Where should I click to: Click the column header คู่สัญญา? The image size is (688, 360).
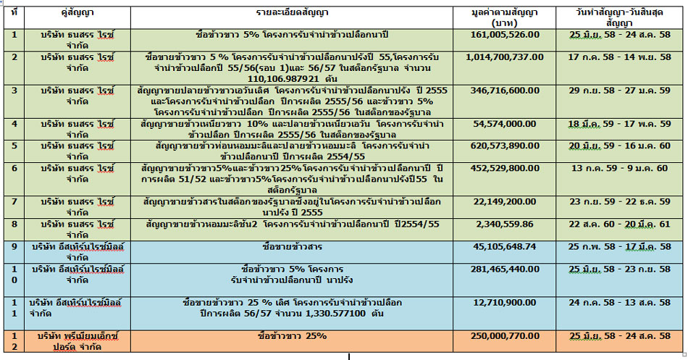pos(78,13)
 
